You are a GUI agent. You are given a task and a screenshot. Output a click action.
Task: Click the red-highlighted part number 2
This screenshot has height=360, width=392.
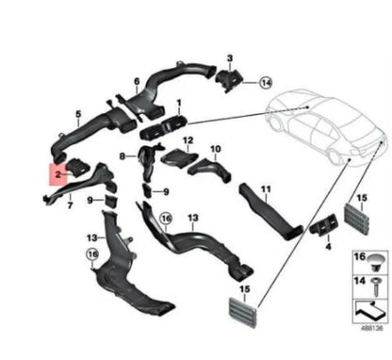tap(58, 174)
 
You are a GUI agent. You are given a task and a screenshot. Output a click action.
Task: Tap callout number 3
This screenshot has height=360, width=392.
tap(229, 58)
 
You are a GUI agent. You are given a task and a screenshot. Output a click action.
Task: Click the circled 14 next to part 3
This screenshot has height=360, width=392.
tap(266, 82)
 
